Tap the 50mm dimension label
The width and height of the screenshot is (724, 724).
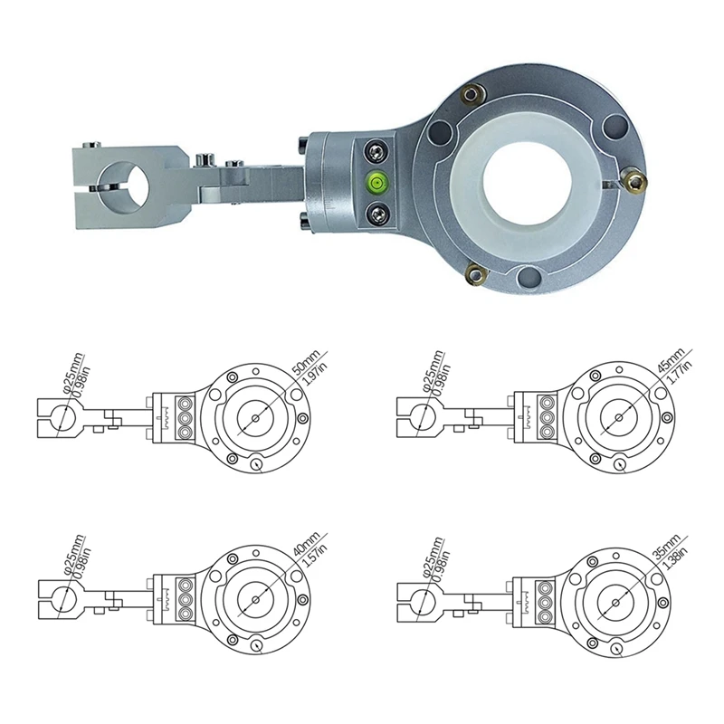point(306,363)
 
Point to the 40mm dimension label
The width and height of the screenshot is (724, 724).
point(307,544)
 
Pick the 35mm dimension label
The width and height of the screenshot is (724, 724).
point(667,547)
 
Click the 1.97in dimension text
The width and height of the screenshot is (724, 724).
point(314,374)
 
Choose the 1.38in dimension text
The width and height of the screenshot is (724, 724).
point(674,558)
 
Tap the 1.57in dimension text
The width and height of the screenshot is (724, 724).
point(314,556)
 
